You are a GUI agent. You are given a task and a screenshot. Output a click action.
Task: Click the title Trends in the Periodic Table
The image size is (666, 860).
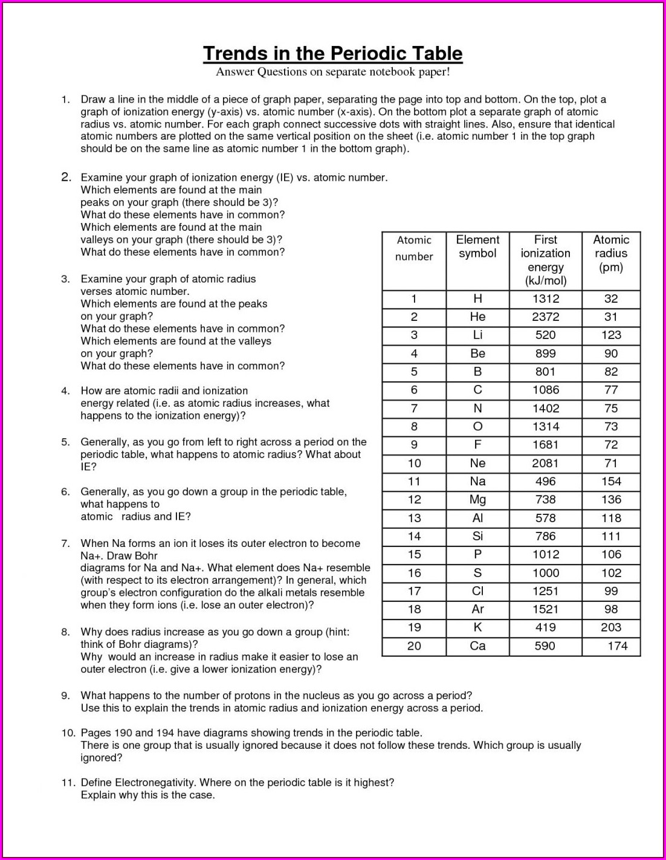coord(332,54)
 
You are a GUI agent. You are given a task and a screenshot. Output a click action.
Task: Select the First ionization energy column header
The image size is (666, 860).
coord(545,260)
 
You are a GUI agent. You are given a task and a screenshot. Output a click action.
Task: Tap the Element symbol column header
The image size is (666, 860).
coord(477,247)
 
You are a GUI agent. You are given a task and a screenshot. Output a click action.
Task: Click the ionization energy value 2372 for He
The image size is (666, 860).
coord(545,317)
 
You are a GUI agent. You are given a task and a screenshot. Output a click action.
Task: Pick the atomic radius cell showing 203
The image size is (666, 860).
coord(611,627)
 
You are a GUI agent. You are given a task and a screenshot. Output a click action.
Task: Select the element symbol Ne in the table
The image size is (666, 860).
coord(477,463)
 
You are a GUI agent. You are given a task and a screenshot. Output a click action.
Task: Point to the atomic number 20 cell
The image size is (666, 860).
coord(414,646)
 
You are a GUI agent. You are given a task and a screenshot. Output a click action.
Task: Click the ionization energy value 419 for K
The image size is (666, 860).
coord(545,627)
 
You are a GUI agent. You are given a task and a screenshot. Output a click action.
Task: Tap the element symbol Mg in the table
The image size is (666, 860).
coord(477,500)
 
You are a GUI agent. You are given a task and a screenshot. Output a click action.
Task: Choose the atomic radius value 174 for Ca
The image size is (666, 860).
coord(617,646)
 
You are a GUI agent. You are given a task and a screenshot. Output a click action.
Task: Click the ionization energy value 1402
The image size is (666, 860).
coord(545,409)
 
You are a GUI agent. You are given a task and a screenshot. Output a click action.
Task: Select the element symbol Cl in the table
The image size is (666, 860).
coord(477,591)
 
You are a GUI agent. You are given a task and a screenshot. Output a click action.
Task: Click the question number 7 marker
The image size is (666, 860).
coord(65,543)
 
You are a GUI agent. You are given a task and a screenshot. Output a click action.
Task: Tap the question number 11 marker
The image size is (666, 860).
coord(68,783)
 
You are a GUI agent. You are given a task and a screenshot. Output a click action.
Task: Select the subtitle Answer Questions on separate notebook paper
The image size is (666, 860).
coord(332,72)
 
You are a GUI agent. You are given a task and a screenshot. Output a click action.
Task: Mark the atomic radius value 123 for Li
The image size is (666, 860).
coord(611,335)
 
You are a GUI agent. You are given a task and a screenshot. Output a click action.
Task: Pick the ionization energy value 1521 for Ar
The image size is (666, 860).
coord(545,609)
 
